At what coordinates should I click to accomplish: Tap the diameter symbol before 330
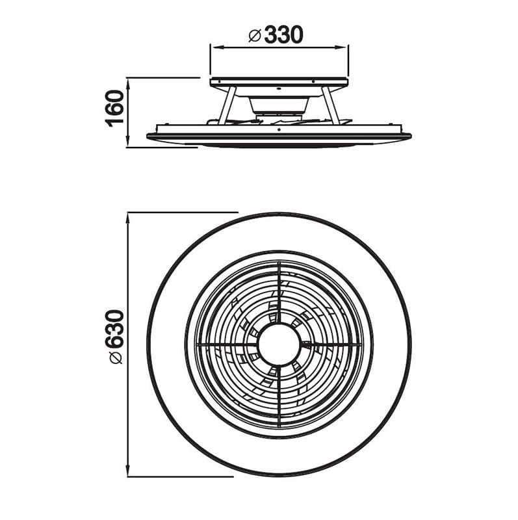(x=255, y=36)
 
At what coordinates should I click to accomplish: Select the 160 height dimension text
(x=115, y=109)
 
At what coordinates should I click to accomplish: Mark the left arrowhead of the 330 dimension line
(x=214, y=46)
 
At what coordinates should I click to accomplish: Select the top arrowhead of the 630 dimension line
(x=129, y=216)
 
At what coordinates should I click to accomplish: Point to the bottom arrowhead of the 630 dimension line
(x=129, y=473)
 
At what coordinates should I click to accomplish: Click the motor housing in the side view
(x=279, y=105)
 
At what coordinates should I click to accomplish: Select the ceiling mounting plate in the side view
(x=279, y=83)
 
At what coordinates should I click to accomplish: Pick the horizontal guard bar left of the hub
(x=227, y=343)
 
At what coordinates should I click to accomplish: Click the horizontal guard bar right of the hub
(x=330, y=343)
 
